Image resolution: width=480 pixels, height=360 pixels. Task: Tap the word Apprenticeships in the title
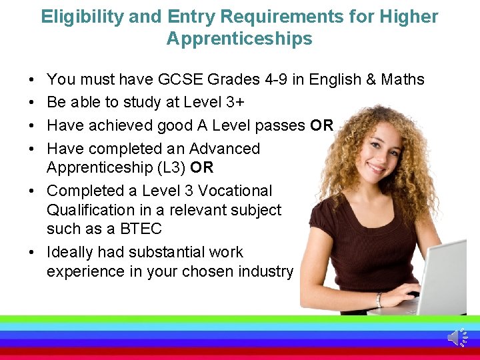[x=239, y=39]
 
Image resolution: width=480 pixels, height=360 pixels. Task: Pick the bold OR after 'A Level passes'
[x=321, y=125]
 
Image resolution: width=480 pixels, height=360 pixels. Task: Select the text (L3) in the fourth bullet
[x=169, y=167]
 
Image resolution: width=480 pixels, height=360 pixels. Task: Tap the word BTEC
[x=141, y=229]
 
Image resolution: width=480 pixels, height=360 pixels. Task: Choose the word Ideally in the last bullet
[x=70, y=252]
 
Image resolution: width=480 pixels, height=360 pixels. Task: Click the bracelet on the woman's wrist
[x=379, y=301]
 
